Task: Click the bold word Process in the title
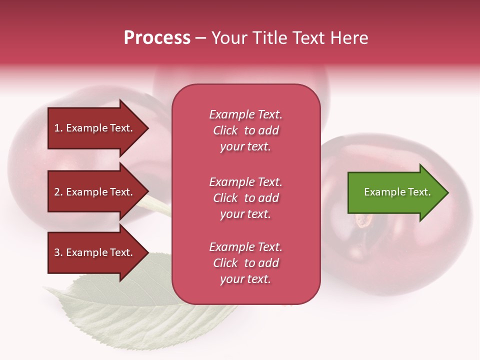[x=157, y=38]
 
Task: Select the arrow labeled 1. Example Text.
[x=95, y=128]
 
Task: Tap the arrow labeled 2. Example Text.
[x=95, y=192]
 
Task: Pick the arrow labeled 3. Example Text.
[x=95, y=252]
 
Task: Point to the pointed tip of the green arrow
[x=447, y=192]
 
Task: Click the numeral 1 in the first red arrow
[x=57, y=128]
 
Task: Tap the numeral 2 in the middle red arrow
[x=57, y=192]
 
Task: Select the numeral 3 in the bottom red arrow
[x=57, y=252]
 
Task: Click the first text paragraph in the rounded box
[x=245, y=130]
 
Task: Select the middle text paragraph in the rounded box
[x=245, y=198]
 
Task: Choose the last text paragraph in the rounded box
[x=245, y=263]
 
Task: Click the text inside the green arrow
[x=397, y=192]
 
